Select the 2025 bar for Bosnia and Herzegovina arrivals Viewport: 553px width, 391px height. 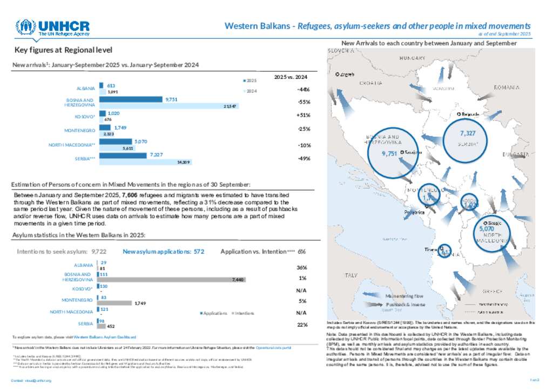click(x=130, y=99)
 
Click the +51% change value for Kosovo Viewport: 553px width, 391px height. click(x=303, y=115)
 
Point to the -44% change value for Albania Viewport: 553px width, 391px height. click(x=303, y=89)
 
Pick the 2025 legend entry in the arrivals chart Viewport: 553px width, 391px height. click(x=250, y=80)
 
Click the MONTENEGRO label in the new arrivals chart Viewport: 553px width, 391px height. click(x=80, y=130)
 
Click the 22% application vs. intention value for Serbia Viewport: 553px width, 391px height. click(x=302, y=325)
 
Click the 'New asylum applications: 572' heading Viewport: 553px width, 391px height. click(x=163, y=252)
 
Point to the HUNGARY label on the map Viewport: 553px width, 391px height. click(x=413, y=58)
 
